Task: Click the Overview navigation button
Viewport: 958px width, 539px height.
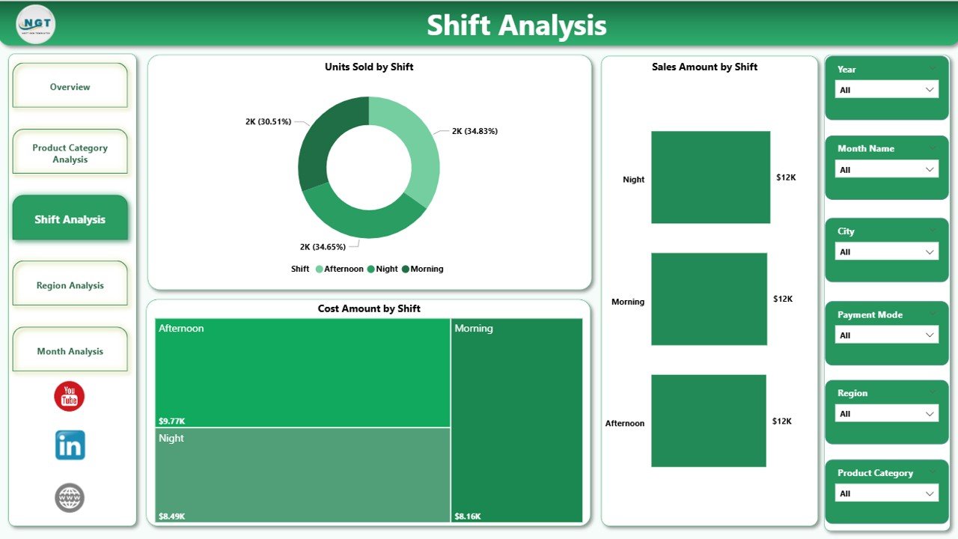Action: click(70, 87)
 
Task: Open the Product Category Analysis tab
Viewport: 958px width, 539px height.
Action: click(70, 153)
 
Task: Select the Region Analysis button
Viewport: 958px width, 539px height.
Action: click(70, 285)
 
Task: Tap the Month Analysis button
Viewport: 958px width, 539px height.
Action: click(70, 351)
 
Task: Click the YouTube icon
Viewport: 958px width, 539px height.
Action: click(70, 396)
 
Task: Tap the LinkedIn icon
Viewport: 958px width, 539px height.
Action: click(70, 445)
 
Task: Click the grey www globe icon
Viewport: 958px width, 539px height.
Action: click(70, 498)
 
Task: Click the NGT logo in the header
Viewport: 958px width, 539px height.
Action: click(36, 24)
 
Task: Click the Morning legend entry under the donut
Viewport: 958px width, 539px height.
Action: click(422, 269)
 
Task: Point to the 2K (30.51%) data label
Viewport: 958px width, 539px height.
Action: click(268, 121)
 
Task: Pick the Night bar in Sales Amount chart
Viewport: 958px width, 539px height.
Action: click(710, 177)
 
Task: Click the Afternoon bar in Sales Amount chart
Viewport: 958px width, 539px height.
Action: click(708, 421)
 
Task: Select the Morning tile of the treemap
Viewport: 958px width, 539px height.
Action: click(516, 419)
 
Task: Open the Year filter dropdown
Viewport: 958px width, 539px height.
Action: click(886, 90)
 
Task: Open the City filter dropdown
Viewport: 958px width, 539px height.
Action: click(886, 252)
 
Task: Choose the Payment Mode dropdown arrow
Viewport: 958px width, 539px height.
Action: click(930, 335)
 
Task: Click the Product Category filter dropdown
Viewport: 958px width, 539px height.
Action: click(886, 493)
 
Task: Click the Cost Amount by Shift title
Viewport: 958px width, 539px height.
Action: click(369, 308)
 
